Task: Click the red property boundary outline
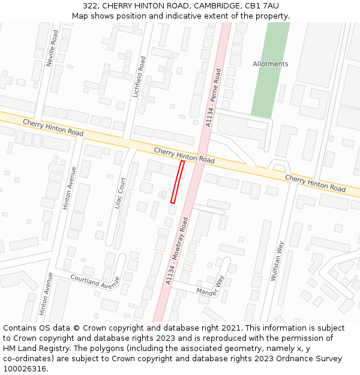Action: (178, 182)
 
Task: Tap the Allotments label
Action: (270, 64)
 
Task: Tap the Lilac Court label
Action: (119, 193)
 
